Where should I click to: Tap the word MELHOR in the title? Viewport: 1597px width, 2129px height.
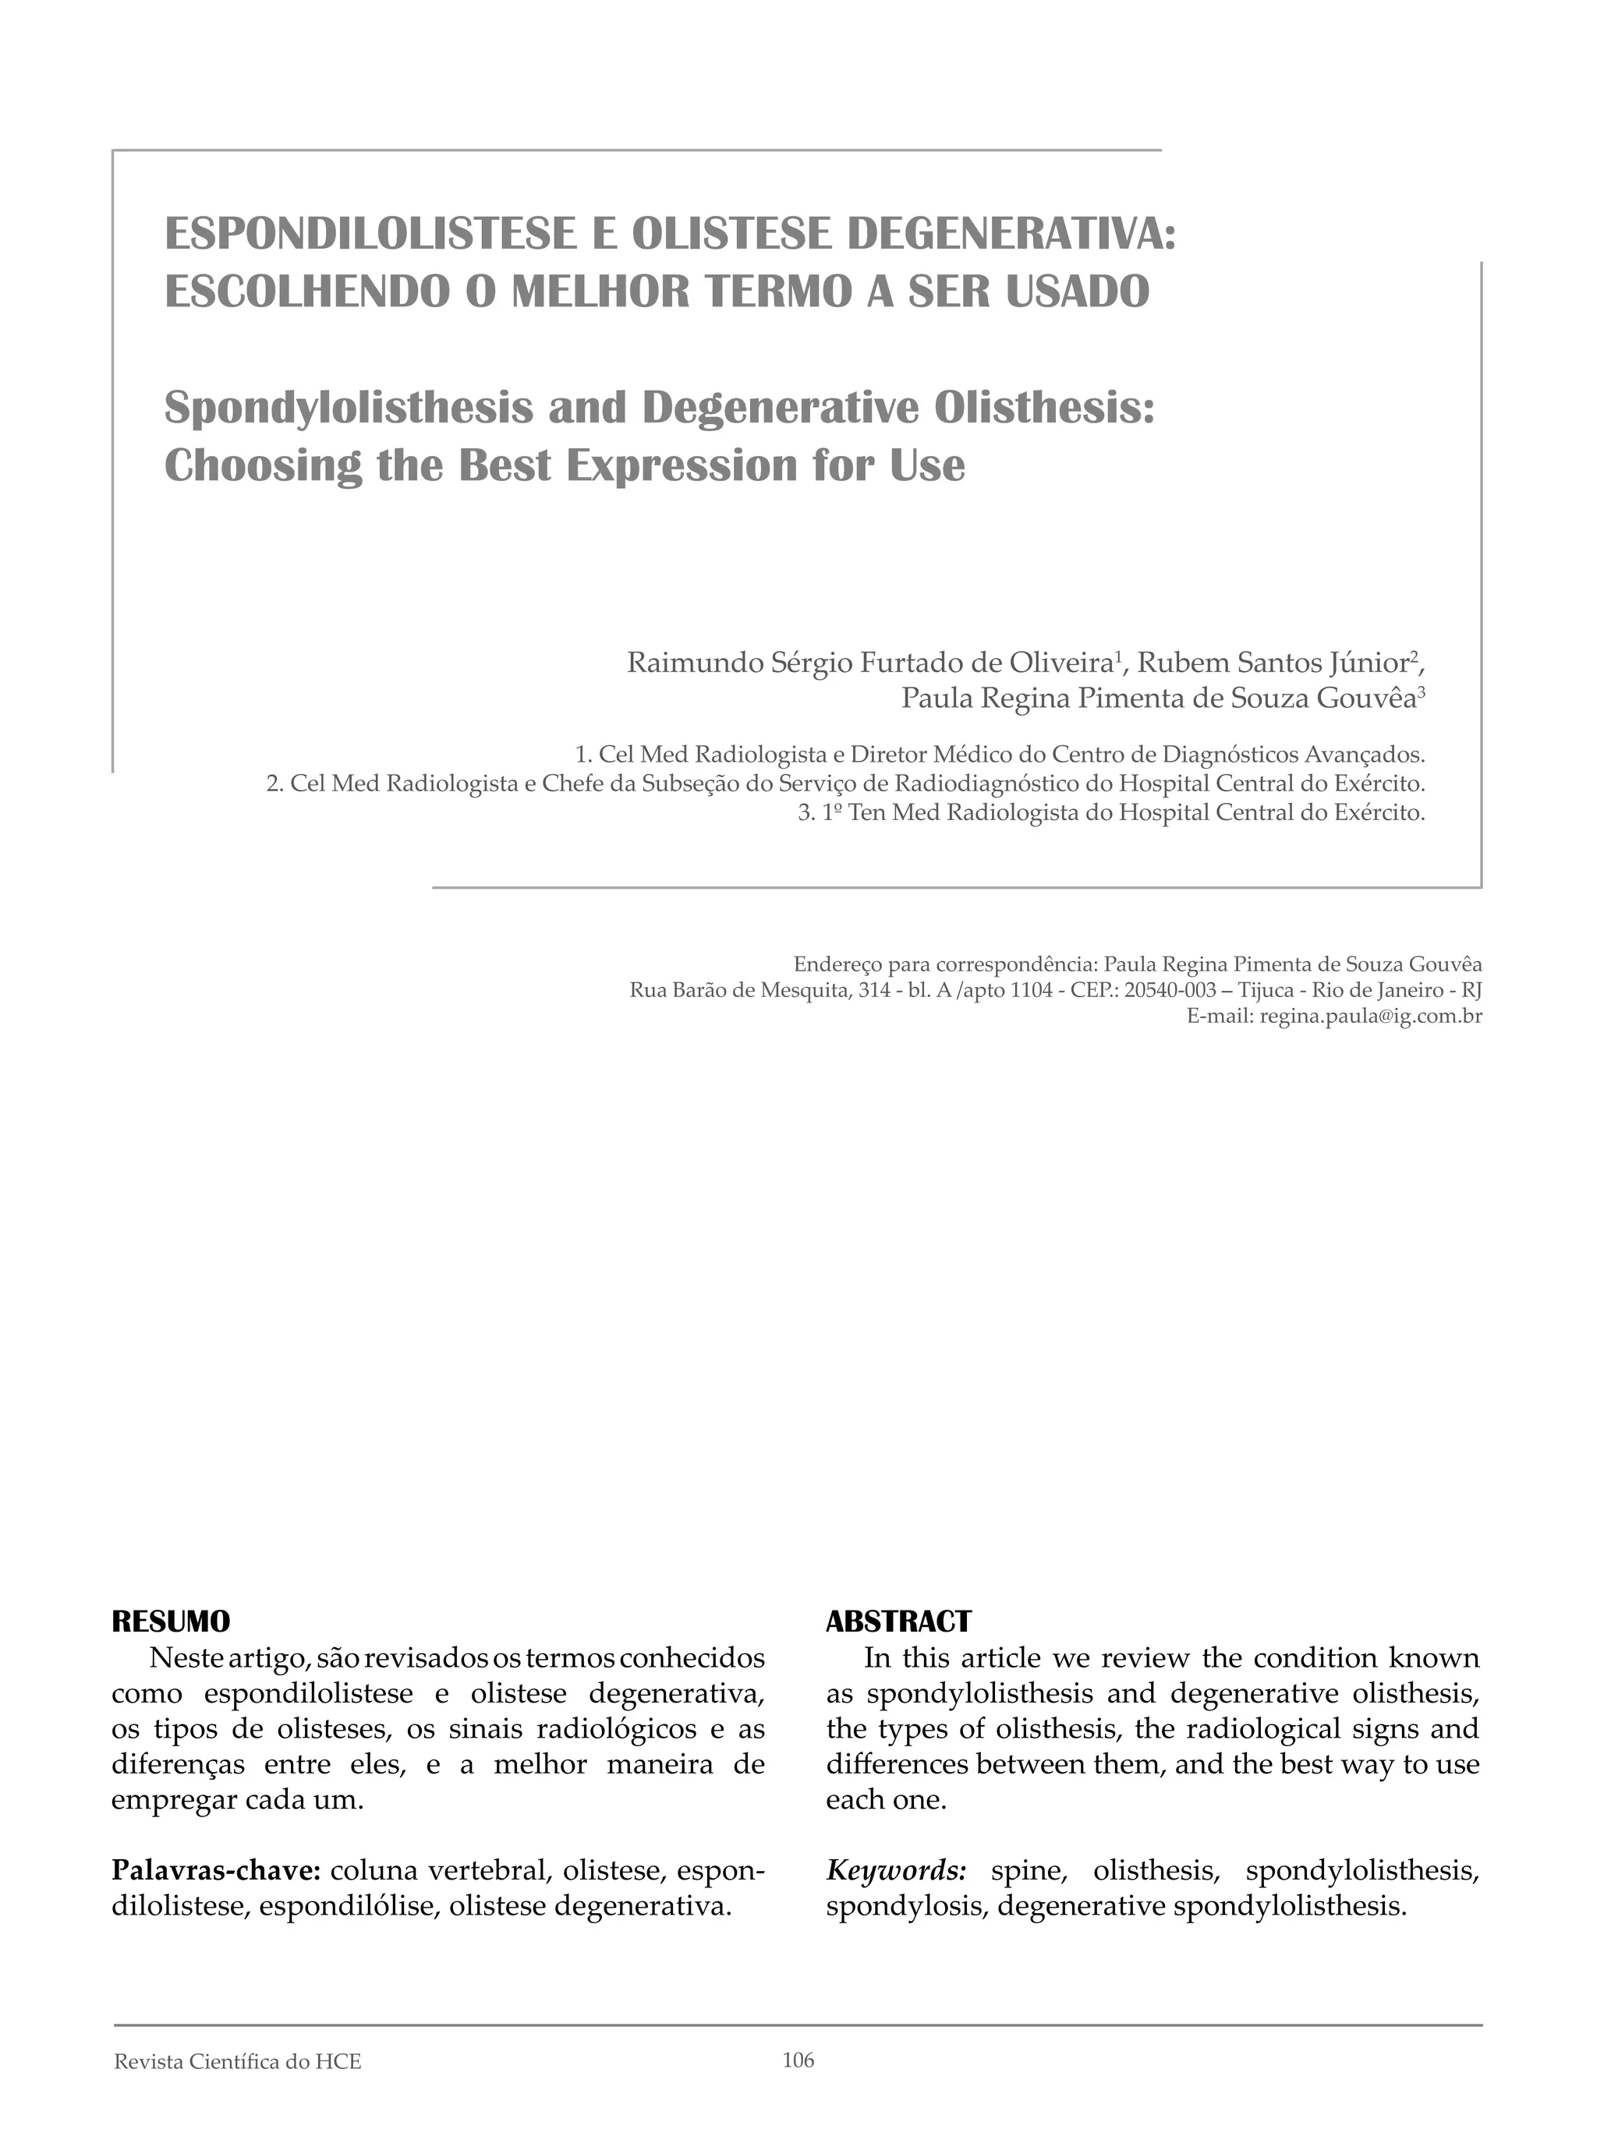[600, 292]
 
